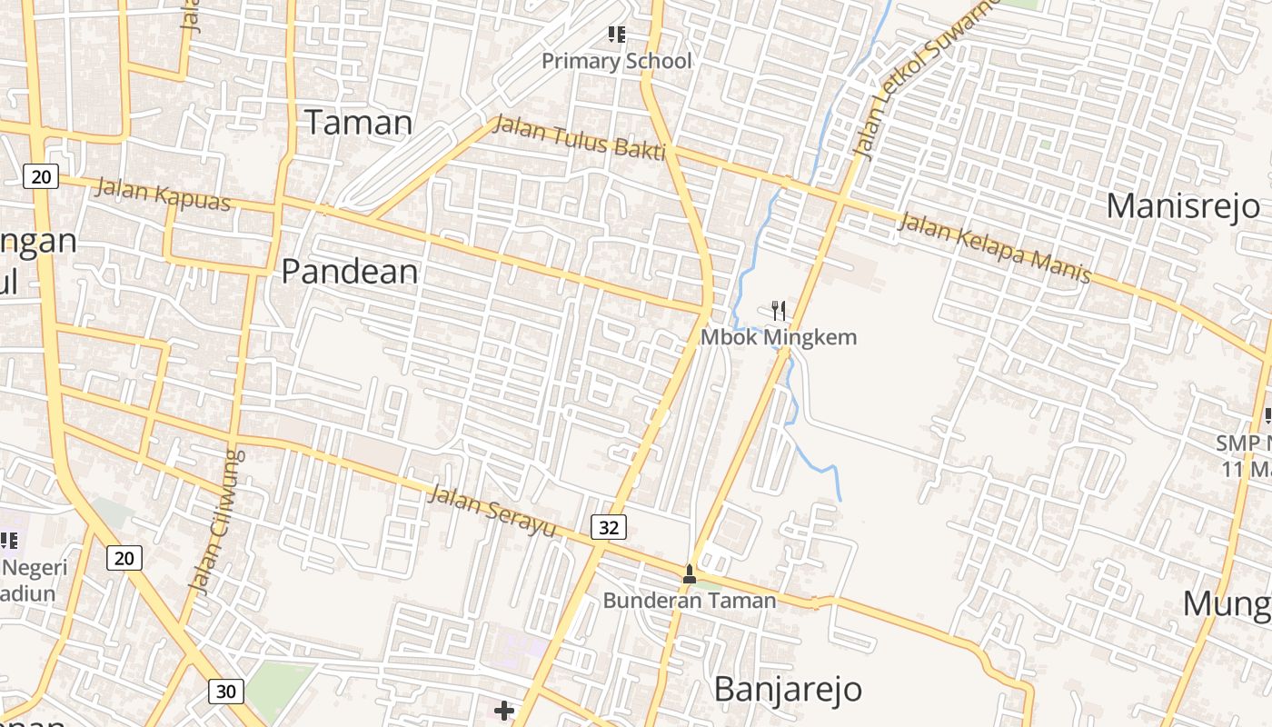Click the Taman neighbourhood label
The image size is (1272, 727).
[x=358, y=123]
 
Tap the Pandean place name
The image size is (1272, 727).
[x=350, y=272]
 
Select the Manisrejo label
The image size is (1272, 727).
[x=1183, y=206]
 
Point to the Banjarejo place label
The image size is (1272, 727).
[x=788, y=689]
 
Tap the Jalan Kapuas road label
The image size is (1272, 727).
[x=164, y=194]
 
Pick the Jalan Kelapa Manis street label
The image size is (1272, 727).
[x=994, y=247]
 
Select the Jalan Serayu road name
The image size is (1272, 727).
[x=492, y=511]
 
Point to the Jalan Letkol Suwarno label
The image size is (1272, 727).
[x=922, y=82]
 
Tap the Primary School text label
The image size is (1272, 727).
[x=617, y=61]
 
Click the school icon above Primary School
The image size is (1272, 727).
[x=617, y=35]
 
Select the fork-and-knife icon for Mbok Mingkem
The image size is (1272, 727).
[x=778, y=311]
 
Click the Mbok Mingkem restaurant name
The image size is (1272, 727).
[x=778, y=337]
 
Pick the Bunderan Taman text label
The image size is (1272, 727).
[x=690, y=600]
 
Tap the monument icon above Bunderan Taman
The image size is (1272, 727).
[x=690, y=573]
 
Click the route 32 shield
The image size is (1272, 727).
[x=609, y=526]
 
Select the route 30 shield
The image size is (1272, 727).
[x=225, y=692]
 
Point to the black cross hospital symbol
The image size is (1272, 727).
[x=504, y=710]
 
